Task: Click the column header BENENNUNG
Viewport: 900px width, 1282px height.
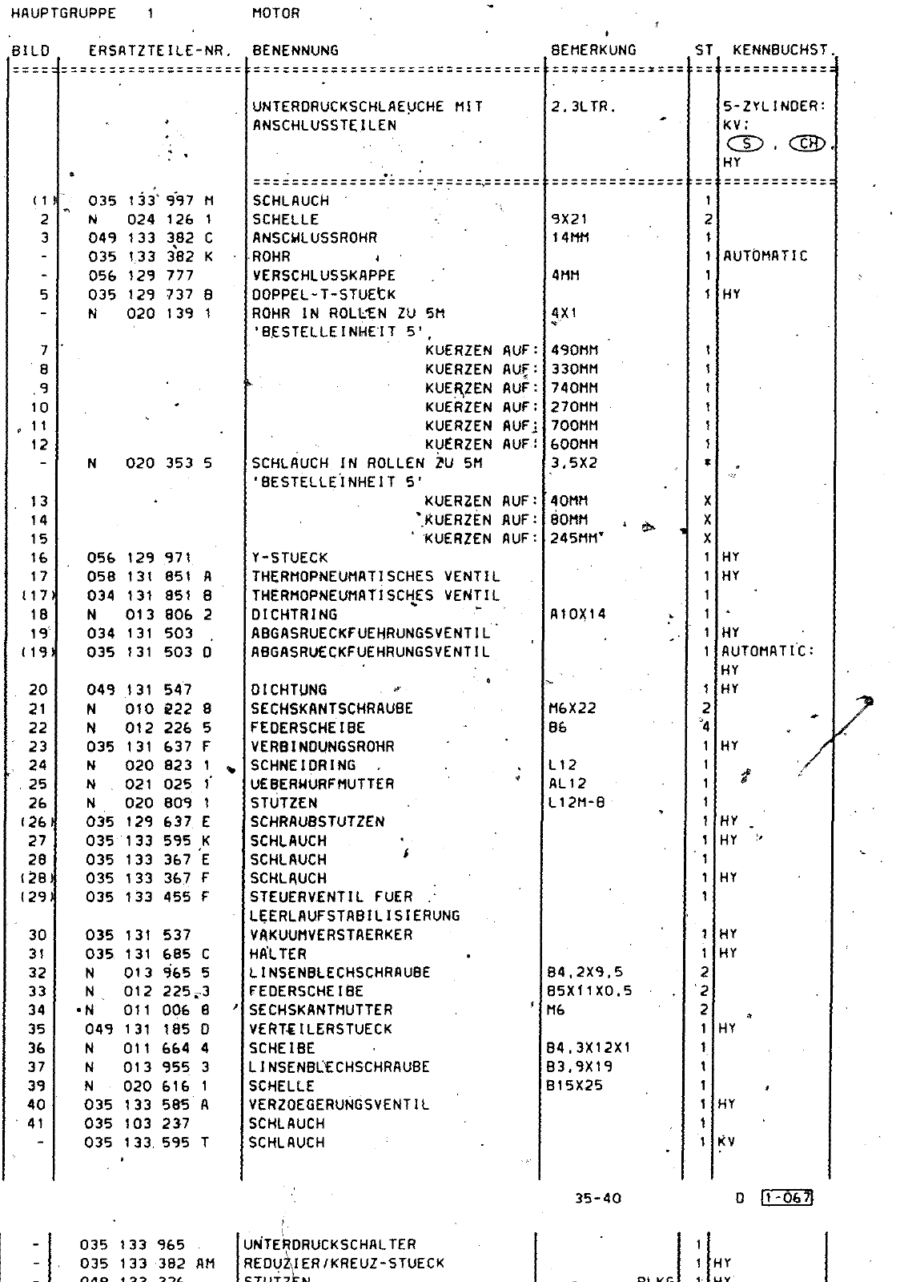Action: click(295, 50)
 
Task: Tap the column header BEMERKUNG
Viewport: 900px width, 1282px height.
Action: click(593, 50)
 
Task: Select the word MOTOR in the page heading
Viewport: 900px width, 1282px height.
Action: click(275, 13)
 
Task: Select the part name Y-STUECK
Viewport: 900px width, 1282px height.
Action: click(290, 557)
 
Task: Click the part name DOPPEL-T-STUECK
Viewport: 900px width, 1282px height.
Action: click(323, 294)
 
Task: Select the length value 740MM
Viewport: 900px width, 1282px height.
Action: click(574, 388)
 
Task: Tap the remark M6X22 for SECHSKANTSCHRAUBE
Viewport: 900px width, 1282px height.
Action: click(573, 708)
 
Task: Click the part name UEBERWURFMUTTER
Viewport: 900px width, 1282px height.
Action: click(322, 784)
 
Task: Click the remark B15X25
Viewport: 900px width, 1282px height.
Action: click(574, 1086)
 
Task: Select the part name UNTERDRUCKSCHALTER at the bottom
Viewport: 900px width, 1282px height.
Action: click(329, 1244)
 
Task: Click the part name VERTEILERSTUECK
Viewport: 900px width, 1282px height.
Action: click(320, 1029)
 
